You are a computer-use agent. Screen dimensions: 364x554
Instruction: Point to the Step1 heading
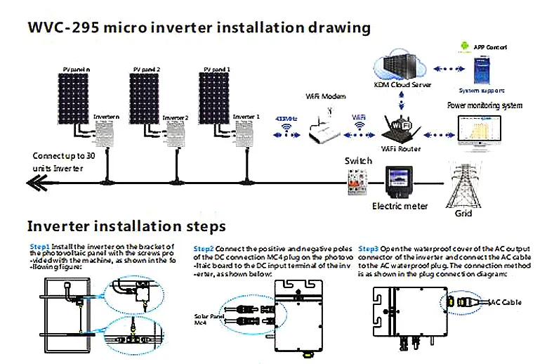tap(39, 247)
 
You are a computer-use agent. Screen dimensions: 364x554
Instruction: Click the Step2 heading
tap(204, 249)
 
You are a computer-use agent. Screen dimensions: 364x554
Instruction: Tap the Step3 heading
tap(369, 249)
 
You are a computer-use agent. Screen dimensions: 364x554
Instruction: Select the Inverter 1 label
tap(246, 116)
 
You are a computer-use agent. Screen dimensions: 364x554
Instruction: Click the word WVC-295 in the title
tap(60, 28)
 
